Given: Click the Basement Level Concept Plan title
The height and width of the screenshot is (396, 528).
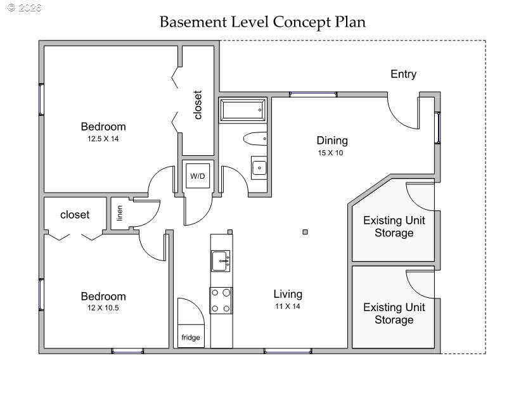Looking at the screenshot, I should (x=262, y=22).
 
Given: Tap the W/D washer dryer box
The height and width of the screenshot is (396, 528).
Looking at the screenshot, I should (x=198, y=176).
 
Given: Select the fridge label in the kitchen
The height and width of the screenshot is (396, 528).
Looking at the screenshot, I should (x=191, y=337).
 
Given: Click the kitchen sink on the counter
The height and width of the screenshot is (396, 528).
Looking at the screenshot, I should (x=221, y=260).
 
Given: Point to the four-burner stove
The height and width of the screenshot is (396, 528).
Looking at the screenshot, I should (x=221, y=300).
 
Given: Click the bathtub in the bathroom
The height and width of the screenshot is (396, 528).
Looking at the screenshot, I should (x=243, y=110).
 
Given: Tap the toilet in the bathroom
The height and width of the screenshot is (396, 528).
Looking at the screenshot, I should (x=255, y=139).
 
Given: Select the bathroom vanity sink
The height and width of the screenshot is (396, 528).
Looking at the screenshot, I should (x=259, y=168).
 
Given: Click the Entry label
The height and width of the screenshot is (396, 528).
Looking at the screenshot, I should (x=403, y=74).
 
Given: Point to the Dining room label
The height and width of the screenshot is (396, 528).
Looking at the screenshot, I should (x=332, y=141).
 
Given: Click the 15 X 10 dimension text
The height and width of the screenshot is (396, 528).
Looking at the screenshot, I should (x=330, y=153).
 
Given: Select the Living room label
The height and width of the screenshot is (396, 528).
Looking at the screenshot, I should (x=288, y=294).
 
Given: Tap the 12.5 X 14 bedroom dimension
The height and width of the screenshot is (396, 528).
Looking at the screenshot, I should (x=103, y=139).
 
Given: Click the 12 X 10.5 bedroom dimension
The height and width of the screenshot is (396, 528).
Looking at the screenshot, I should (x=103, y=308).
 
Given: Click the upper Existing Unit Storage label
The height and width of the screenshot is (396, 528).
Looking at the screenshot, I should (x=394, y=227).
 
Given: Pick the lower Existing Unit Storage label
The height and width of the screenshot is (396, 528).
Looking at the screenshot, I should (x=394, y=314).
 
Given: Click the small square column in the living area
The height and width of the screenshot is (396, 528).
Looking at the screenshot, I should (x=305, y=232).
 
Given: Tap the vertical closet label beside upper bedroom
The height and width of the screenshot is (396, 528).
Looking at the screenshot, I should (x=198, y=105).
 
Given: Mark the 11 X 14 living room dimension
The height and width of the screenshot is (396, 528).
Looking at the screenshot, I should (x=288, y=306).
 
